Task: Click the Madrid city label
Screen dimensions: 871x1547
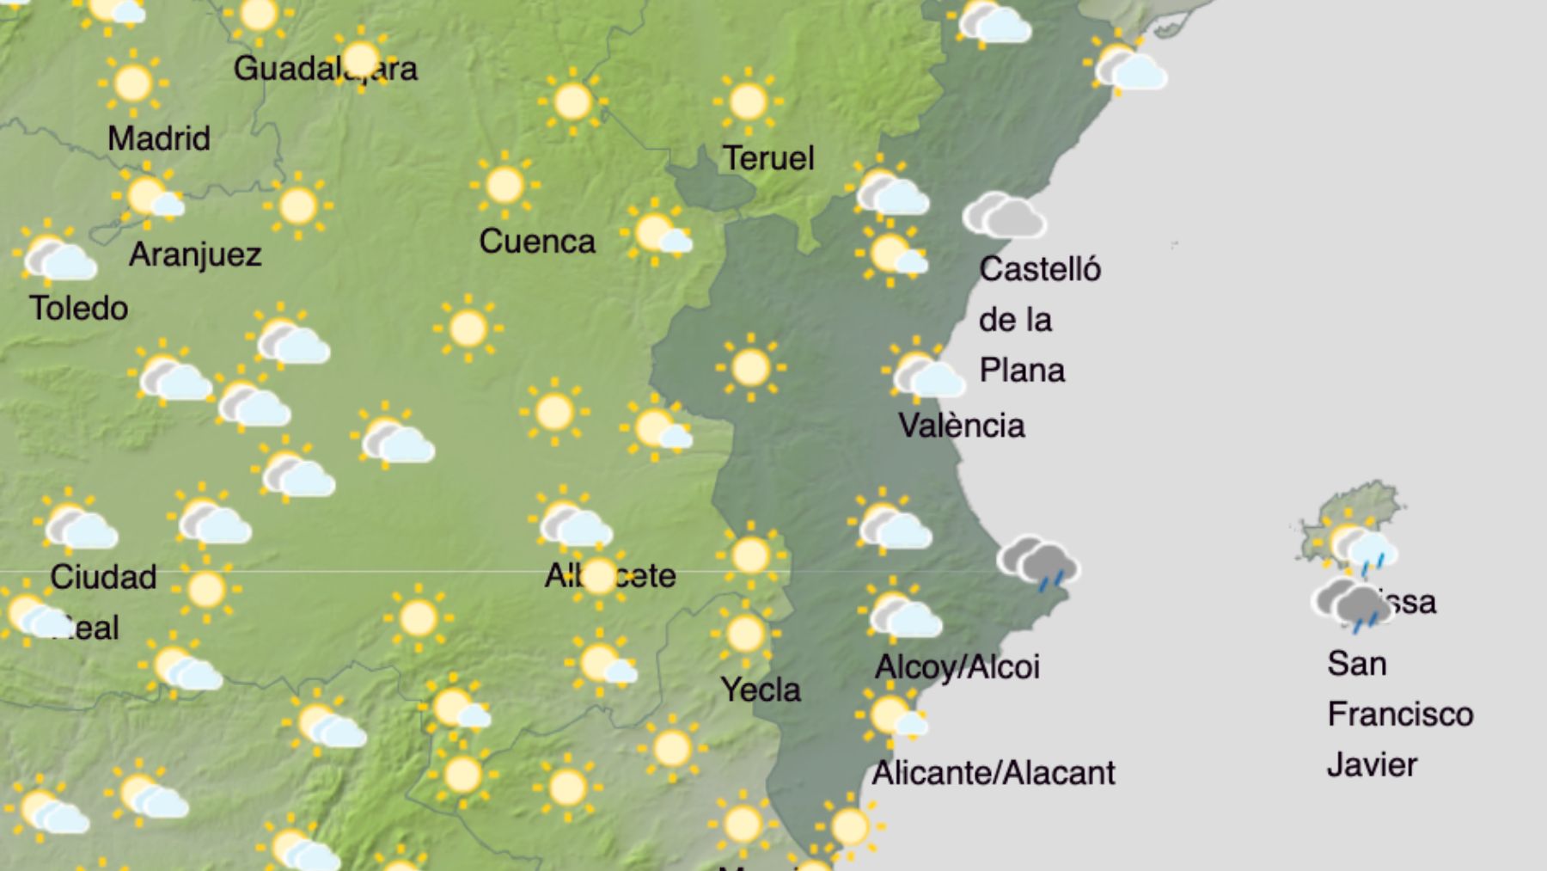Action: coord(159,138)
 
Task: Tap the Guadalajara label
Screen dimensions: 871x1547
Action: coord(325,69)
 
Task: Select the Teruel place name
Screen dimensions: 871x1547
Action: coord(768,158)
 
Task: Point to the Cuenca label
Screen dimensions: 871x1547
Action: coord(537,242)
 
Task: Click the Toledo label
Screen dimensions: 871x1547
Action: coord(78,308)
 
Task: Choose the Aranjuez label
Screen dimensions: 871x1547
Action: coord(195,255)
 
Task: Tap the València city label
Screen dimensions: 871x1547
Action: coord(962,426)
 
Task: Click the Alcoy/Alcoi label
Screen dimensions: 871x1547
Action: coord(957,666)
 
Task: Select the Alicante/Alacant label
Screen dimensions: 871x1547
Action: coord(994,773)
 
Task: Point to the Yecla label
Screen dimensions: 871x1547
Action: coord(761,689)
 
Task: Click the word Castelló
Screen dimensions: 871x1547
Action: coord(1040,269)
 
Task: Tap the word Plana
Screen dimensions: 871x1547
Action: coord(1022,371)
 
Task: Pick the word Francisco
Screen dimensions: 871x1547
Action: coord(1400,714)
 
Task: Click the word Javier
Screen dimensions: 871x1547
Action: coord(1372,764)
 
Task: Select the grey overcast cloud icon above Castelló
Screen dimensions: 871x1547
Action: coord(1003,215)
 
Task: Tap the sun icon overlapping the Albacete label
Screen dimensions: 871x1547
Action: coord(599,575)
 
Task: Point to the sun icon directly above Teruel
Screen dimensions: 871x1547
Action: coord(747,101)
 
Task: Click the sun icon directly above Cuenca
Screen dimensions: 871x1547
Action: coord(504,185)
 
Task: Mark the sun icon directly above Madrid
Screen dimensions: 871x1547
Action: coord(132,83)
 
